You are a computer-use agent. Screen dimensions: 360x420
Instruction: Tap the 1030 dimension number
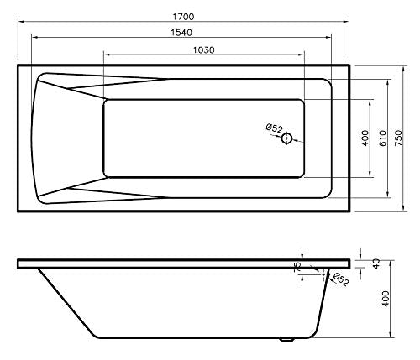(x=202, y=50)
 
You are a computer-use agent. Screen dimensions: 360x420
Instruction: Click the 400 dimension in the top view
(x=365, y=138)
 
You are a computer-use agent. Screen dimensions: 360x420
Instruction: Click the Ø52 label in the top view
(x=274, y=128)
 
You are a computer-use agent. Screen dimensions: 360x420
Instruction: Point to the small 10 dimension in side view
(x=297, y=266)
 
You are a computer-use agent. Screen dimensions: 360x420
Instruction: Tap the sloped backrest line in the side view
(x=67, y=302)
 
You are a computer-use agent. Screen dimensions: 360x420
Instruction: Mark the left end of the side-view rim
(x=19, y=263)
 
